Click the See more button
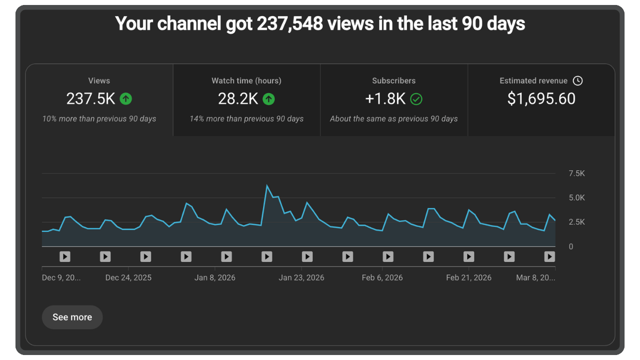tap(72, 317)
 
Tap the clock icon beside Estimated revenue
tap(577, 80)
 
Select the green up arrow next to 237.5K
tap(126, 99)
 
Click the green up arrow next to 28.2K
tap(269, 99)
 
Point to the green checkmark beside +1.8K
tap(416, 99)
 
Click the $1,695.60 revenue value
tap(541, 99)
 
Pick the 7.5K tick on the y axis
tap(576, 173)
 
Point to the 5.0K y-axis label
tap(576, 198)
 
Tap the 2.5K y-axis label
tap(576, 222)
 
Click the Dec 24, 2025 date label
tap(128, 277)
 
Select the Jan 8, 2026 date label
tap(214, 277)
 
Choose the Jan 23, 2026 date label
tap(301, 277)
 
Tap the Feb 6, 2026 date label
tap(382, 277)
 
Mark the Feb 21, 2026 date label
tap(468, 277)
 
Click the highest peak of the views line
tap(267, 185)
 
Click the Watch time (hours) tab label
tap(246, 80)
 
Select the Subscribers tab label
tap(393, 80)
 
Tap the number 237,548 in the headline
tap(289, 23)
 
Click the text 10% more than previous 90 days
tap(99, 119)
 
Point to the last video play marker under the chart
tap(549, 256)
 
